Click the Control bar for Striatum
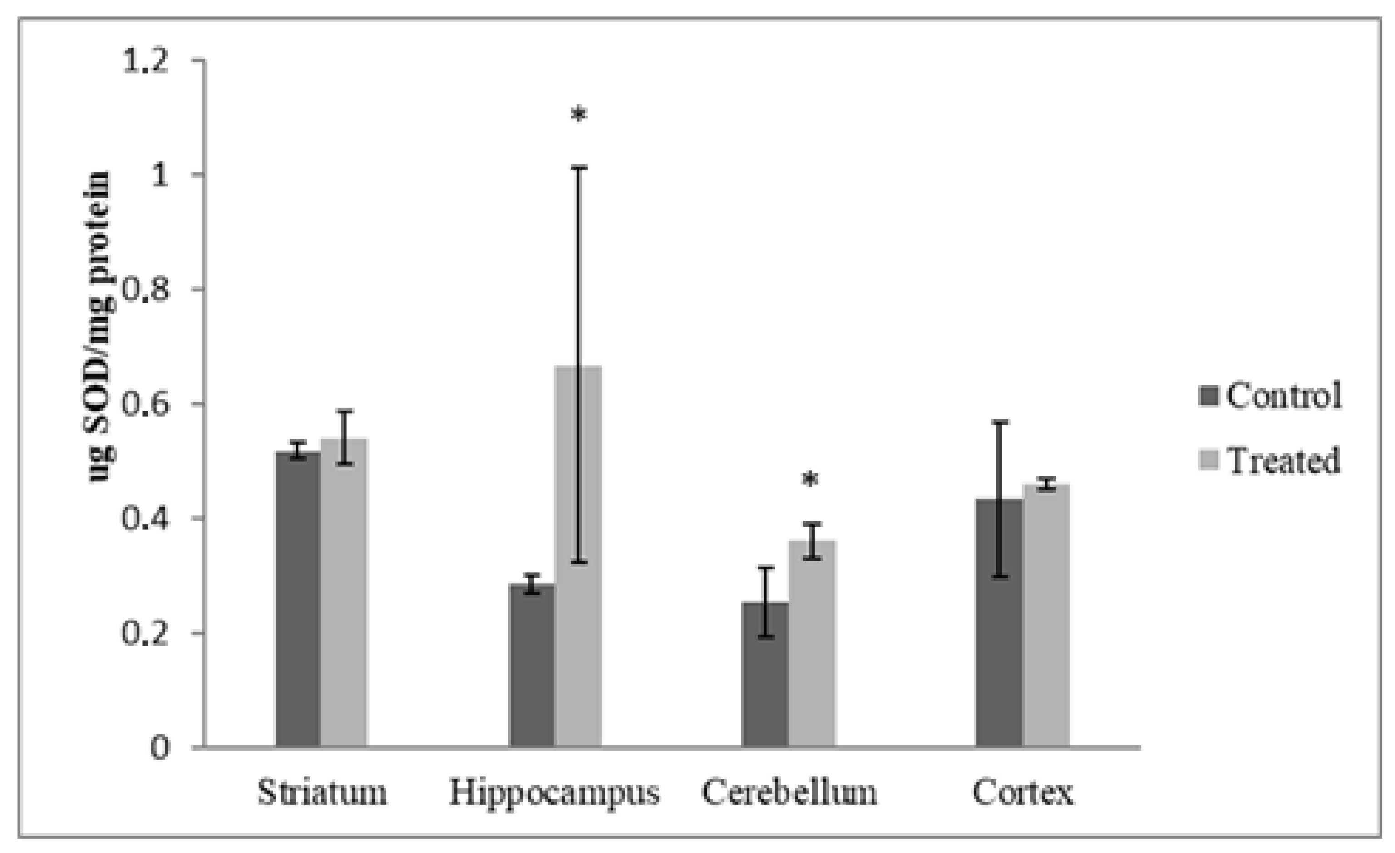298,600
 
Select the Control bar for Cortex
999,623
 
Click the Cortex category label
1022,793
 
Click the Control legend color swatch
1208,396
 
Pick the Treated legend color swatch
1208,460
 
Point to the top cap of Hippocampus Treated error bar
578,167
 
